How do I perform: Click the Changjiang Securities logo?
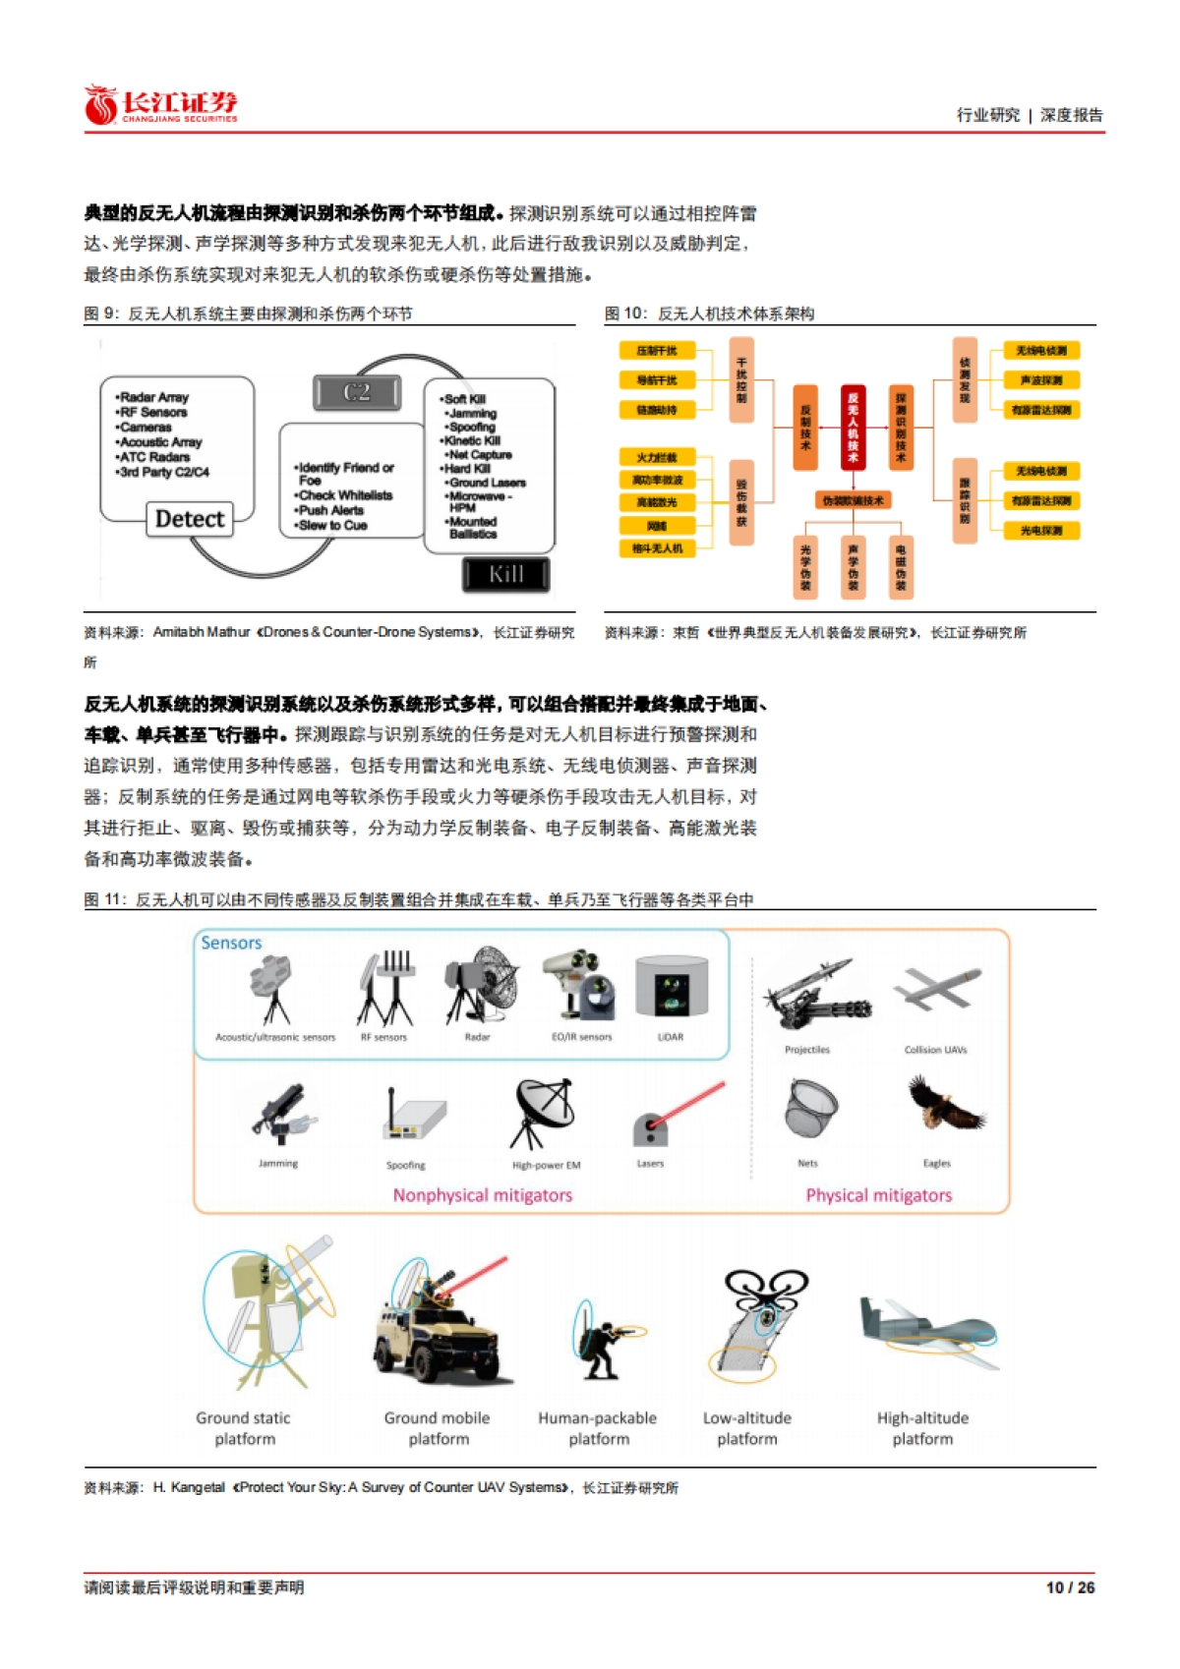coord(160,105)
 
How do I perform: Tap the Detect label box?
coord(190,519)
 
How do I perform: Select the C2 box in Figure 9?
coord(357,392)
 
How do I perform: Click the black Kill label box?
coord(505,574)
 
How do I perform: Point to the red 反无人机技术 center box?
coord(853,427)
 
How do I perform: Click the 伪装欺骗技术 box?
coord(853,500)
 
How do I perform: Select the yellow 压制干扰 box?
coord(656,351)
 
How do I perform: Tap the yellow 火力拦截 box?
coord(656,457)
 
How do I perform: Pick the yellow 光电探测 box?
coord(1040,531)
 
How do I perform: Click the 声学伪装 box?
coord(853,567)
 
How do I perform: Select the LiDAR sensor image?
coord(672,987)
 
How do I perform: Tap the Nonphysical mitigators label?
coord(482,1195)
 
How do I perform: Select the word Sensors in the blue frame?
coord(231,943)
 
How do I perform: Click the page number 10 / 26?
coord(1070,1587)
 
